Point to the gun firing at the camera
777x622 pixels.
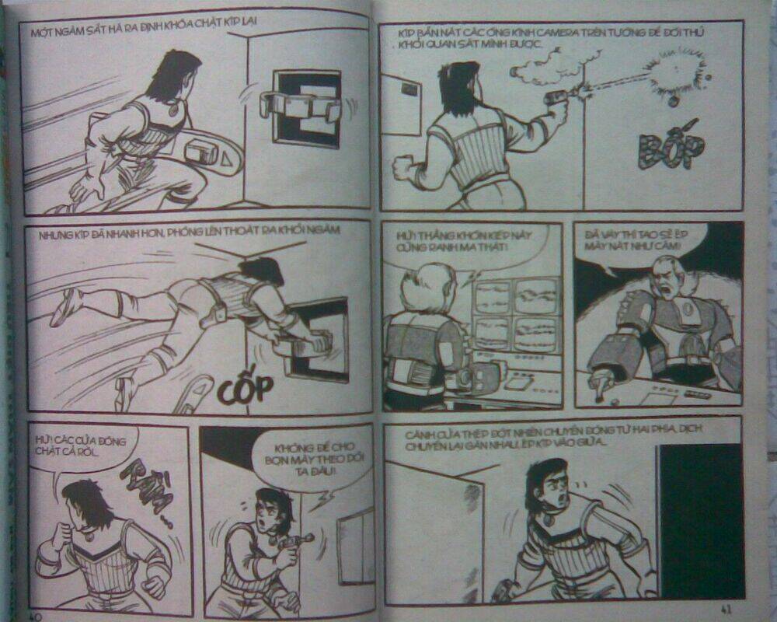pyautogui.click(x=558, y=96)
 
